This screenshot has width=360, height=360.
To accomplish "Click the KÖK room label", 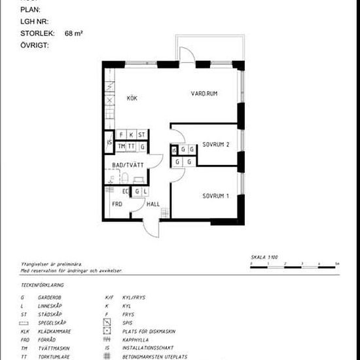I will click(132, 98).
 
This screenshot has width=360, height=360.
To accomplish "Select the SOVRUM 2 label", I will click(215, 144).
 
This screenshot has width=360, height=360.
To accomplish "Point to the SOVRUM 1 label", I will click(215, 196).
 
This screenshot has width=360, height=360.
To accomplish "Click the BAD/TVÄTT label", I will click(128, 165).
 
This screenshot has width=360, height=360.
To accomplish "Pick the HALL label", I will click(153, 204).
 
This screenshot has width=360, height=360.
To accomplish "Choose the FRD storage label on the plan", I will click(118, 204).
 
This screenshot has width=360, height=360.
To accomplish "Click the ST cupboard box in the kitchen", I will click(141, 135).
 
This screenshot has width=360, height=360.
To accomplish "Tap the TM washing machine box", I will click(122, 146).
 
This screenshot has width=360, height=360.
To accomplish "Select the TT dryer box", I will click(132, 146).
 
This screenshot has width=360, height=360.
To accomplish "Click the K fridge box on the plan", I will click(131, 135).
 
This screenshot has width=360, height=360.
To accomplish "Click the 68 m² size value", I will click(73, 33).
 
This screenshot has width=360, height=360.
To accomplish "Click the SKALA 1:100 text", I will click(264, 258).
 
